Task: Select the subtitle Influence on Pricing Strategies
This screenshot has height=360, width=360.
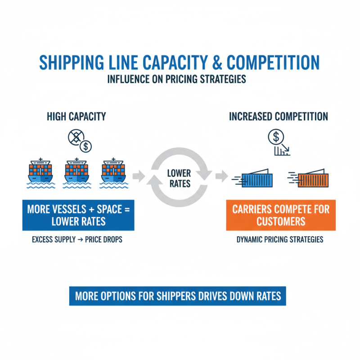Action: pos(177,79)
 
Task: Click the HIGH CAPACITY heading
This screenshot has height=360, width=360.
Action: pos(76,117)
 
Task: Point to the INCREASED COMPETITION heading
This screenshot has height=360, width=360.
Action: pos(279,117)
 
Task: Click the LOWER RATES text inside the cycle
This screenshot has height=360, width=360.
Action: pos(179,178)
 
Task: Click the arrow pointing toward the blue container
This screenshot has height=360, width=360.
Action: pos(220,175)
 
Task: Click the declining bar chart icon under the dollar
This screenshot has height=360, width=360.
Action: pos(282,151)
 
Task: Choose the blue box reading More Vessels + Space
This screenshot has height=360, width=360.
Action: pos(78,215)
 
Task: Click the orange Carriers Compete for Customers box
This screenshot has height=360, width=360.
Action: pos(281,215)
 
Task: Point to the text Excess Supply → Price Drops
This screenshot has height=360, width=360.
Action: pos(77,239)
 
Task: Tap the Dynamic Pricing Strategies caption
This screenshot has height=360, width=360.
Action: pos(280,239)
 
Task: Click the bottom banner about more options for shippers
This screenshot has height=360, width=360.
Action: pos(177,296)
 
